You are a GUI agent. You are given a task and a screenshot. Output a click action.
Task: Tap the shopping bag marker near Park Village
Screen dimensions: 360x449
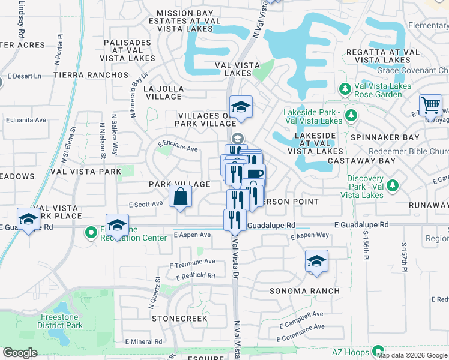pos(180,196)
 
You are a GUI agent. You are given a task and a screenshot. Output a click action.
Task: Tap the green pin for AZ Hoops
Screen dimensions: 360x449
pos(378,350)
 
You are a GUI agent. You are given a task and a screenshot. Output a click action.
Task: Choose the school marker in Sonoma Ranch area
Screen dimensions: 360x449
pos(316,262)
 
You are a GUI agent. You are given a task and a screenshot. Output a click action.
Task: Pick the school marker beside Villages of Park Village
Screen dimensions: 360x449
pos(241,107)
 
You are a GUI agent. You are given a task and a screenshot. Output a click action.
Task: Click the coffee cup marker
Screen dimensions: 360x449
pos(254,174)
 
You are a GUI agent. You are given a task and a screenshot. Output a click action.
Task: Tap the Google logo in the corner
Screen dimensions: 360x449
pos(20,352)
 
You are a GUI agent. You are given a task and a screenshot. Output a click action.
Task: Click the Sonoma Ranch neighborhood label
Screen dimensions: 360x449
pos(304,291)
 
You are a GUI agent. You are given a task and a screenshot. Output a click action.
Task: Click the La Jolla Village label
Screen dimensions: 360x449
pos(164,92)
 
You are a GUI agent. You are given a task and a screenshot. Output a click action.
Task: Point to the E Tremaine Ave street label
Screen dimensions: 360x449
pos(192,262)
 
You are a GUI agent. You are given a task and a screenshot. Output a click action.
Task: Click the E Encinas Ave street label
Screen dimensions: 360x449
pos(178,146)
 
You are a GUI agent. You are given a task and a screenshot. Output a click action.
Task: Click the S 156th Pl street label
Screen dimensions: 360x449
pos(364,247)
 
